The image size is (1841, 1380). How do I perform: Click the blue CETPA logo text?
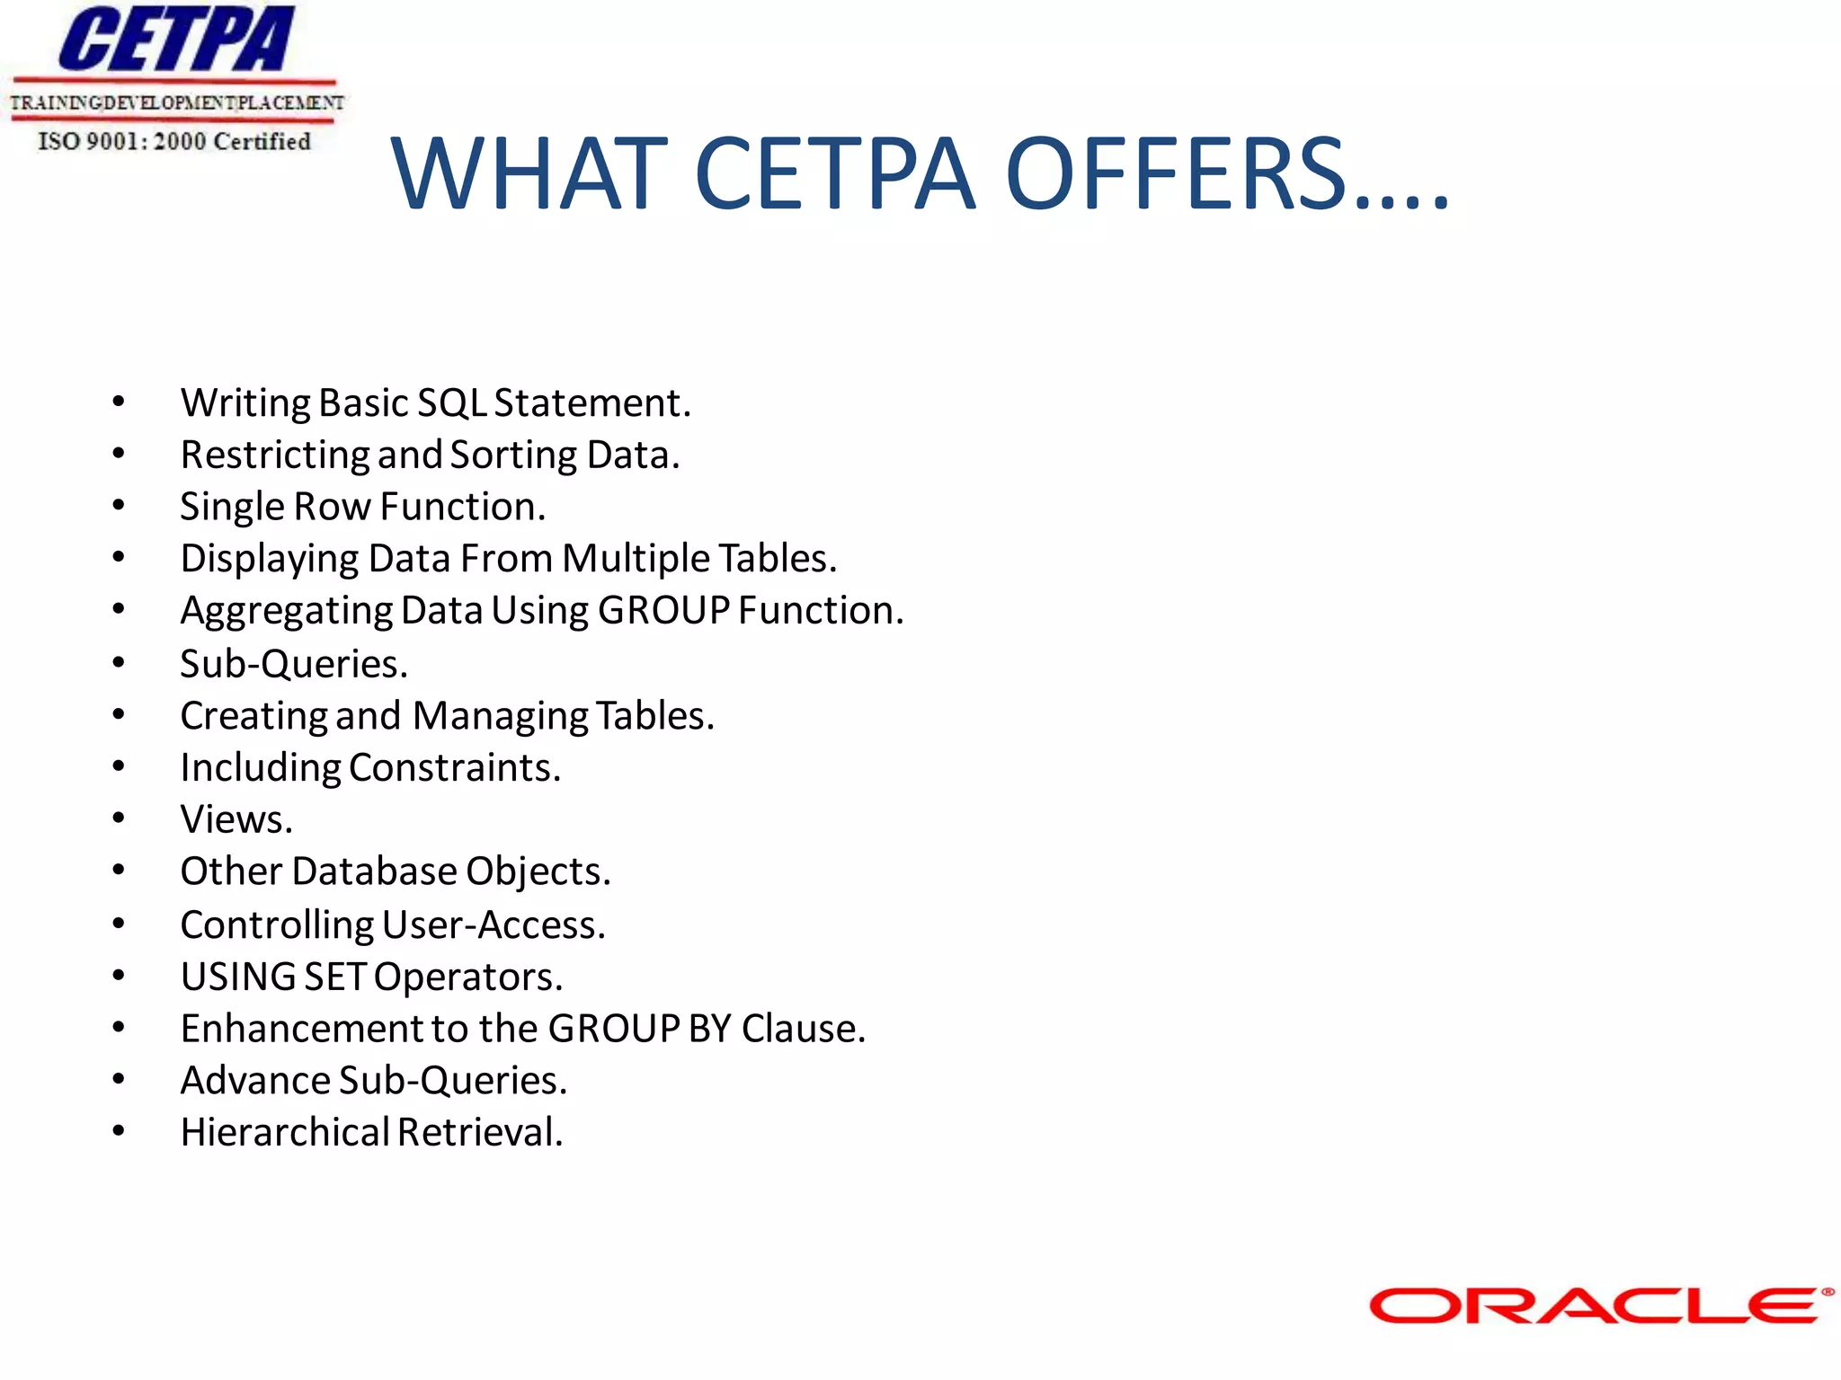pos(176,40)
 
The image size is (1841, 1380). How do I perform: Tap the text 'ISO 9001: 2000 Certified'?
pos(174,142)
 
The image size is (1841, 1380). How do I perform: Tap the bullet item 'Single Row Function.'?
pos(363,507)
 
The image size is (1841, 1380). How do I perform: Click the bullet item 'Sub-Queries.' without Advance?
pos(294,664)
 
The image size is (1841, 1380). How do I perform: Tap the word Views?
pos(236,819)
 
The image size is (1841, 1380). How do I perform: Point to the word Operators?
pos(467,977)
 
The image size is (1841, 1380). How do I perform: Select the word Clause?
pos(803,1029)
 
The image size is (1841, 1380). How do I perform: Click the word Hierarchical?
pos(285,1132)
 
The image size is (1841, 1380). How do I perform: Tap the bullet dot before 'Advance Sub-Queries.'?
pos(119,1079)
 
